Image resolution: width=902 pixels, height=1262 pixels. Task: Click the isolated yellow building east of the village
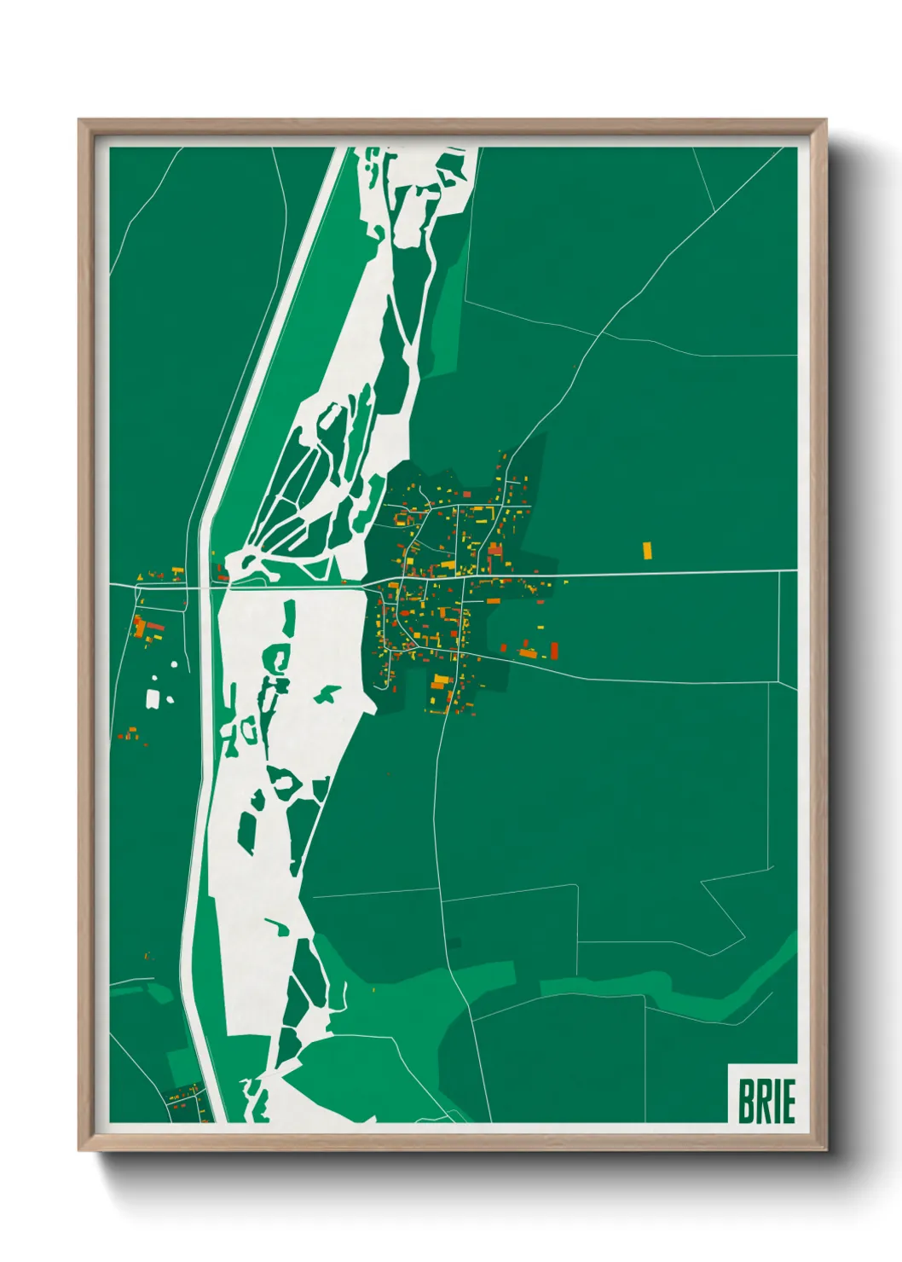[646, 550]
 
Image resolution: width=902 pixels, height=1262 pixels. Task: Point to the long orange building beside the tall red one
[528, 654]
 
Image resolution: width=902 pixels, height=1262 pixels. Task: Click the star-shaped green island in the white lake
[325, 695]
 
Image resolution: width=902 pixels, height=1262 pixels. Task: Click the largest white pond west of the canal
[153, 699]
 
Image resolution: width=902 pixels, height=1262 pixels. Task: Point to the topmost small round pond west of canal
[174, 663]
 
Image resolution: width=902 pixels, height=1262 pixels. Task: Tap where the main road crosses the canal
[205, 587]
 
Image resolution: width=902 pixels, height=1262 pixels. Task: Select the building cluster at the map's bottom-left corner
[185, 1102]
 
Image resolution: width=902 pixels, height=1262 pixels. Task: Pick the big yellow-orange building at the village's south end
[440, 681]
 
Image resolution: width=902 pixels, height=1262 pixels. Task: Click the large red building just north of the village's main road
[495, 551]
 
